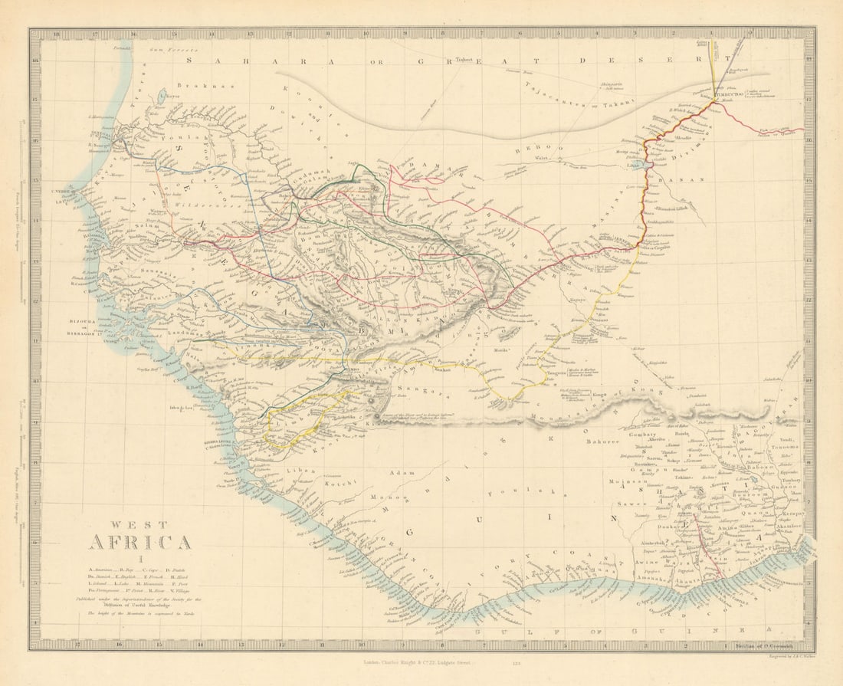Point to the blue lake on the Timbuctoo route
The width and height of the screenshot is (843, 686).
coord(648,164)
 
